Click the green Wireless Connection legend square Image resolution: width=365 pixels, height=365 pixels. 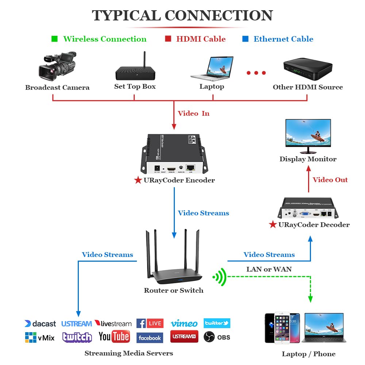[x=54, y=39]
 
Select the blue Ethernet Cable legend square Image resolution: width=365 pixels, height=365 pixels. [x=245, y=39]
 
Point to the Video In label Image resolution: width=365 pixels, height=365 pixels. [x=193, y=114]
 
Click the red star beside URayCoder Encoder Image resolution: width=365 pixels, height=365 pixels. [x=138, y=180]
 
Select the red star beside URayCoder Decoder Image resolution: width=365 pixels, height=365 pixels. [x=273, y=224]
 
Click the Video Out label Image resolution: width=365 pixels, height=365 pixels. [x=330, y=180]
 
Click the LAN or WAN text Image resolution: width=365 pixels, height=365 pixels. [x=269, y=269]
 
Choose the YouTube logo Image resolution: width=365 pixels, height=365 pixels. [x=114, y=337]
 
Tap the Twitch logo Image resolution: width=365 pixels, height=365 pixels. [x=77, y=337]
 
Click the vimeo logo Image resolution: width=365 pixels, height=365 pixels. [x=184, y=323]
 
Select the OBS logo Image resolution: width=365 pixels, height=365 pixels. [x=217, y=337]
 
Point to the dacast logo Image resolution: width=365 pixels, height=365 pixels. [x=40, y=324]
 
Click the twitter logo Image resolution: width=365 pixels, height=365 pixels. [x=217, y=323]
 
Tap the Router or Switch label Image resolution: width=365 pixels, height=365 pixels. [x=173, y=291]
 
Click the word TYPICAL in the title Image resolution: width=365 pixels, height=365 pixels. [x=126, y=15]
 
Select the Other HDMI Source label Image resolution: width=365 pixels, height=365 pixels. [x=308, y=87]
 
